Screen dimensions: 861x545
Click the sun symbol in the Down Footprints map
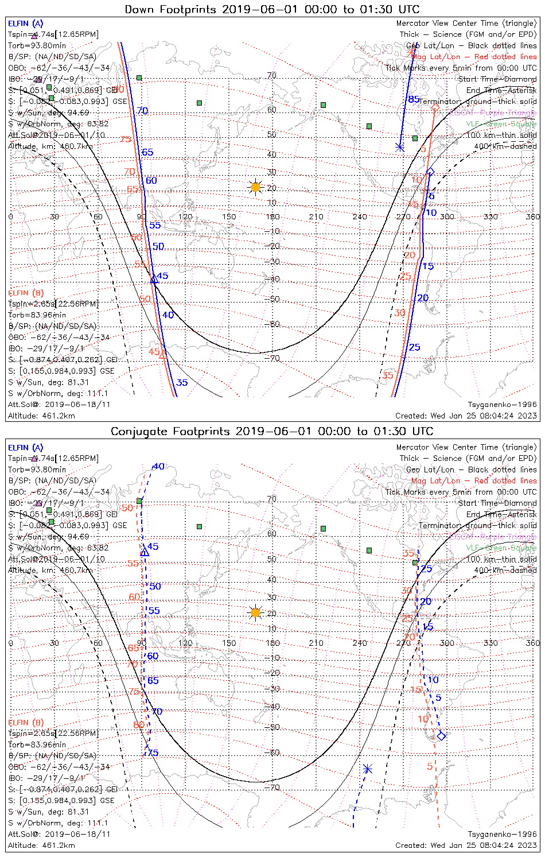tap(256, 187)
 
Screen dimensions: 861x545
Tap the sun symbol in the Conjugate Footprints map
tap(256, 613)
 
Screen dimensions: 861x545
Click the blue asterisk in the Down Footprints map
tap(400, 148)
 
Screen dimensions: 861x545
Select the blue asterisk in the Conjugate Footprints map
tap(367, 769)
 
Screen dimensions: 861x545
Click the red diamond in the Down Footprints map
tap(435, 108)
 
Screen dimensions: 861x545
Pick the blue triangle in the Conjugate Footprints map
tap(145, 552)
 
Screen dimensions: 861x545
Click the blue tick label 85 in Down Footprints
tap(414, 99)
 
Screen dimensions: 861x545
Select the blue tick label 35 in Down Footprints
tap(182, 383)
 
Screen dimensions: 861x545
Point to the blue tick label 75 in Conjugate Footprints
tap(153, 753)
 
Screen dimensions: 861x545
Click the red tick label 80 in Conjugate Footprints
tap(139, 725)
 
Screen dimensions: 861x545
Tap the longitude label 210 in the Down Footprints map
tap(316, 217)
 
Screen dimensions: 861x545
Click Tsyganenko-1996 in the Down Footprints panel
tap(502, 405)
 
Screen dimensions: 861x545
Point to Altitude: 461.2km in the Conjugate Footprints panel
tap(41, 845)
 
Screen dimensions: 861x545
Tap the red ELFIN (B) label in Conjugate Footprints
tap(26, 722)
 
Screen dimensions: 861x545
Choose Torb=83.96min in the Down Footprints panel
tap(37, 315)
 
